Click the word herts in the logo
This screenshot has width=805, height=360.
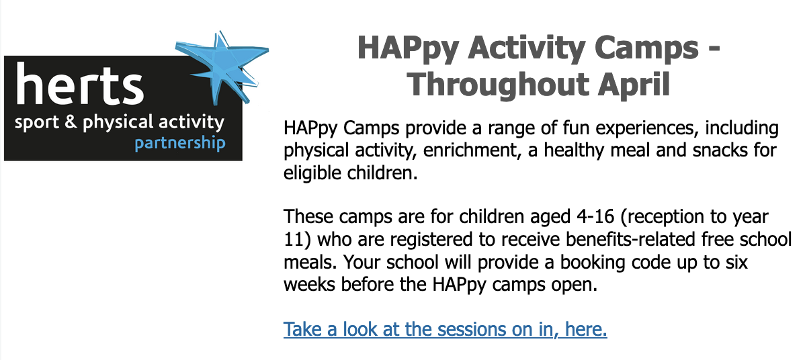click(x=79, y=85)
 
